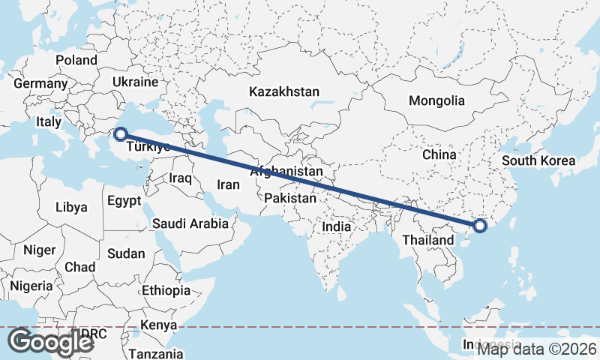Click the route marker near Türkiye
tap(119, 134)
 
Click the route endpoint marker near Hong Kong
tap(481, 225)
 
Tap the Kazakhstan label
tap(284, 91)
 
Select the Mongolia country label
tap(436, 100)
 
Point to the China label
tap(439, 154)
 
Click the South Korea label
tap(538, 160)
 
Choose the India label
tap(337, 226)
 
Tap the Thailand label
tap(427, 240)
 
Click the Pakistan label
tap(290, 199)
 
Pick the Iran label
tap(228, 184)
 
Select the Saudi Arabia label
tap(190, 223)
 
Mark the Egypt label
tap(124, 201)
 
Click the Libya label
tap(71, 206)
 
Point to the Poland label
tap(76, 60)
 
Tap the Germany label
tap(40, 84)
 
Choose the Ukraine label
tap(135, 82)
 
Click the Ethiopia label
tap(166, 290)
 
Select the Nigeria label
tap(32, 286)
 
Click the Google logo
tap(50, 342)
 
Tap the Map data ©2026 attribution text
tap(537, 349)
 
